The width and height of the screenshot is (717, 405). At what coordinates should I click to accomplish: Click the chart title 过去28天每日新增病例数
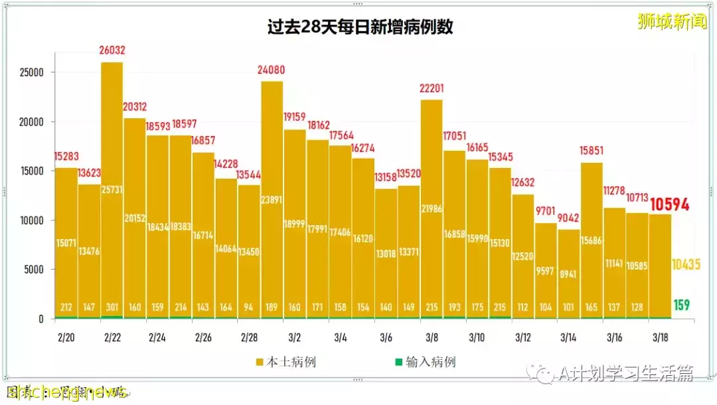pyautogui.click(x=360, y=28)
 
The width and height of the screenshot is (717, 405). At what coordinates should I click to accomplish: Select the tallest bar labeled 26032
pyautogui.click(x=112, y=193)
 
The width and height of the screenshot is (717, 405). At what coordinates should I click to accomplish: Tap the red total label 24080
pyautogui.click(x=271, y=69)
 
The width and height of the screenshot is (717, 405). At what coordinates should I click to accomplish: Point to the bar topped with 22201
pyautogui.click(x=432, y=212)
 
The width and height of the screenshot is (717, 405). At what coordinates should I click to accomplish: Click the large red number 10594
pyautogui.click(x=670, y=204)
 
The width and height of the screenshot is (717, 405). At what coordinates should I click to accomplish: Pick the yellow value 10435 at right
pyautogui.click(x=686, y=264)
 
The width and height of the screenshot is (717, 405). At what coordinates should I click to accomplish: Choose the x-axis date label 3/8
pyautogui.click(x=431, y=337)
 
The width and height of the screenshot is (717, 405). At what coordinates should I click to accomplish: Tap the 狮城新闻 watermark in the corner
pyautogui.click(x=672, y=22)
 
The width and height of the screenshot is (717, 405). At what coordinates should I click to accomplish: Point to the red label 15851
pyautogui.click(x=592, y=150)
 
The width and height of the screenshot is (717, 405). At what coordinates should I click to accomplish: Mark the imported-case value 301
pyautogui.click(x=112, y=307)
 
